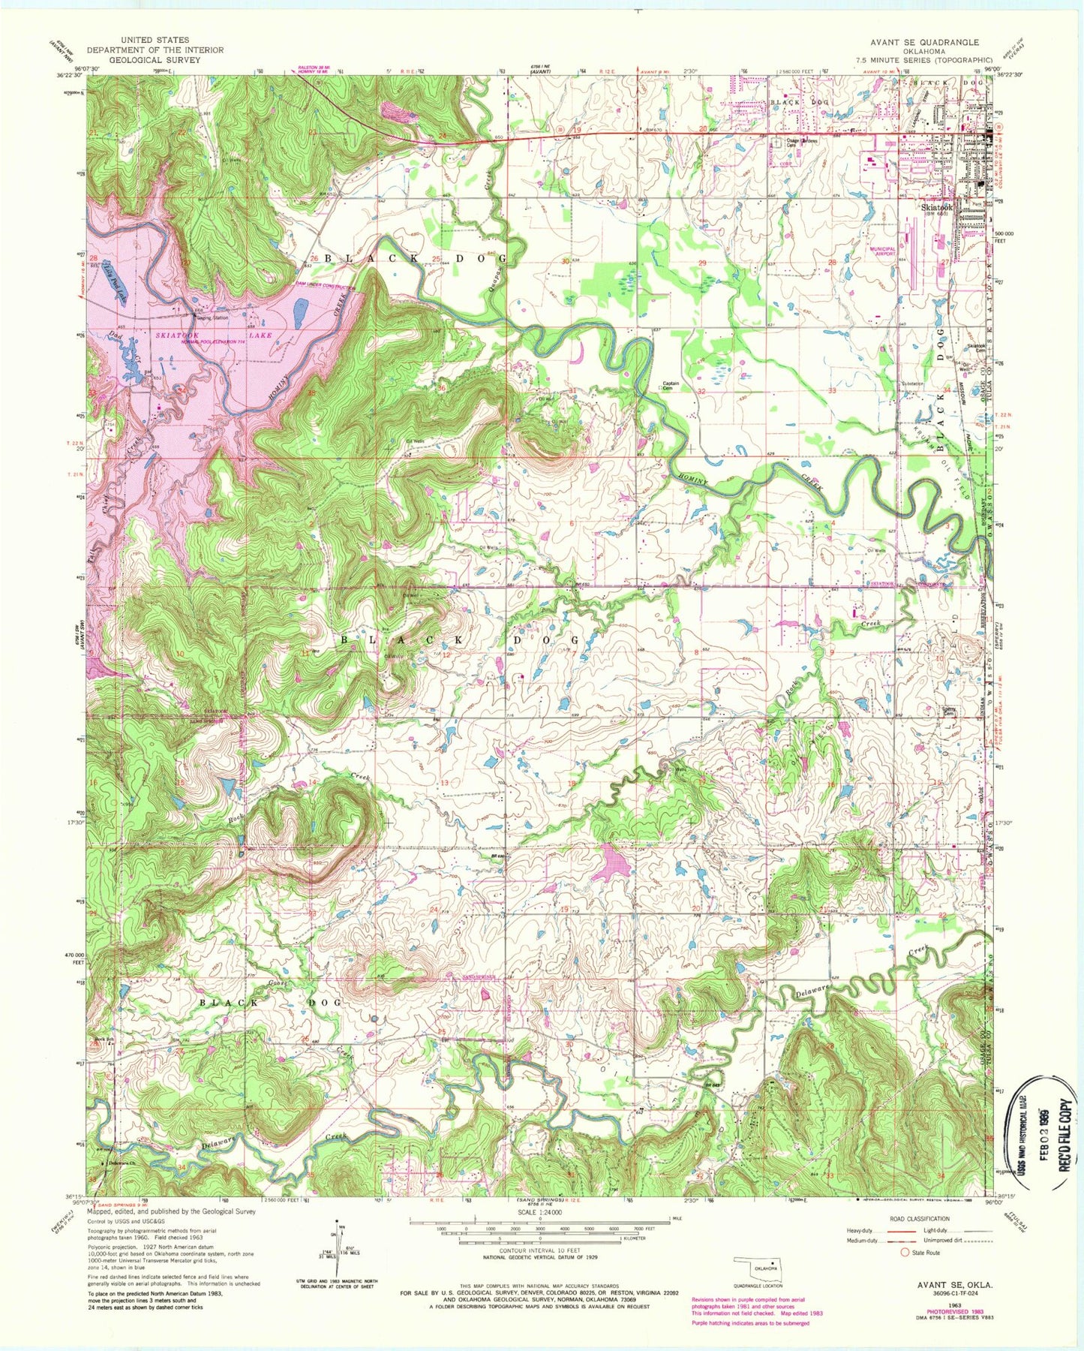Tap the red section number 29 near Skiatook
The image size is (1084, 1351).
click(702, 263)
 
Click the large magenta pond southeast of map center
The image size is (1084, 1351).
click(611, 863)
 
